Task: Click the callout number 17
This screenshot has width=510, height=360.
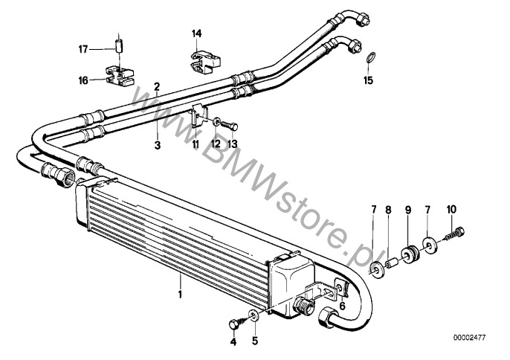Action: [83, 50]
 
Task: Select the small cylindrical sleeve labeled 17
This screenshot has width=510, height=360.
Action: [119, 45]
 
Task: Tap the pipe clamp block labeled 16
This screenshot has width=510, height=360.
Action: [120, 76]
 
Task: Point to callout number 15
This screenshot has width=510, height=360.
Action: [368, 80]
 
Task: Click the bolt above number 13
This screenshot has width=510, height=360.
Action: [230, 126]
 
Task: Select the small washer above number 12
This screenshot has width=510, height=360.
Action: [216, 123]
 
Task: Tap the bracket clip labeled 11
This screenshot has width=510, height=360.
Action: [198, 115]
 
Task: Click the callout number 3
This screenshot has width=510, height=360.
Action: [158, 145]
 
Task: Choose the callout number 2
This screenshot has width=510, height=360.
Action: [157, 86]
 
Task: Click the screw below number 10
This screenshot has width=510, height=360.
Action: [453, 237]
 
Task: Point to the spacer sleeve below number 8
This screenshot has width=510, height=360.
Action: [392, 263]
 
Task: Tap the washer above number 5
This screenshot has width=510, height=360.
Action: [254, 315]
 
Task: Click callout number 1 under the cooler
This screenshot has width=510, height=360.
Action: [180, 295]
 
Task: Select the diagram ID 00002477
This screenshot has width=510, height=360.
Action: [469, 338]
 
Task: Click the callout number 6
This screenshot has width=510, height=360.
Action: [342, 306]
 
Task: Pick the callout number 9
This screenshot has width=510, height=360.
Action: [408, 210]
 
